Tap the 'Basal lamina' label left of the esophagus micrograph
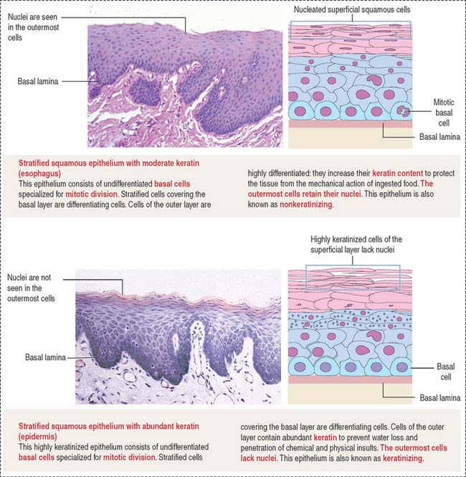(x=39, y=81)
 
